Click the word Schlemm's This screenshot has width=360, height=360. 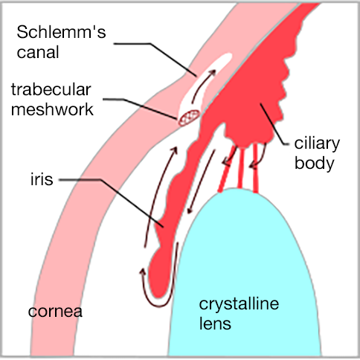pos(61,32)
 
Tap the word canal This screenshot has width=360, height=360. pos(38,52)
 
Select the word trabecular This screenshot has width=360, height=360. pos(51,89)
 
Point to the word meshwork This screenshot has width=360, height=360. pos(52,109)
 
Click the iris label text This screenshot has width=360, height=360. pos(42,179)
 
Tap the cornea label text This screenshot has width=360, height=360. pos(55,312)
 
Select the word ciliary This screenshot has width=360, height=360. pos(317,144)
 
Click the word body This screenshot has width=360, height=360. pos(315,164)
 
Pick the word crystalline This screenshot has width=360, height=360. pos(239,304)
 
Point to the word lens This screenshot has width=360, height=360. pos(215,324)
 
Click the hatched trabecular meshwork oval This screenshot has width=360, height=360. pos(189,118)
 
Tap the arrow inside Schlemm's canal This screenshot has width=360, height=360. pos(202,86)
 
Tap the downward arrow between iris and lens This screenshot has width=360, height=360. pos(201,181)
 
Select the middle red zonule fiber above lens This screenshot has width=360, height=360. pos(240,168)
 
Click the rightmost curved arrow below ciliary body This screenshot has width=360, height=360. pos(259,156)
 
